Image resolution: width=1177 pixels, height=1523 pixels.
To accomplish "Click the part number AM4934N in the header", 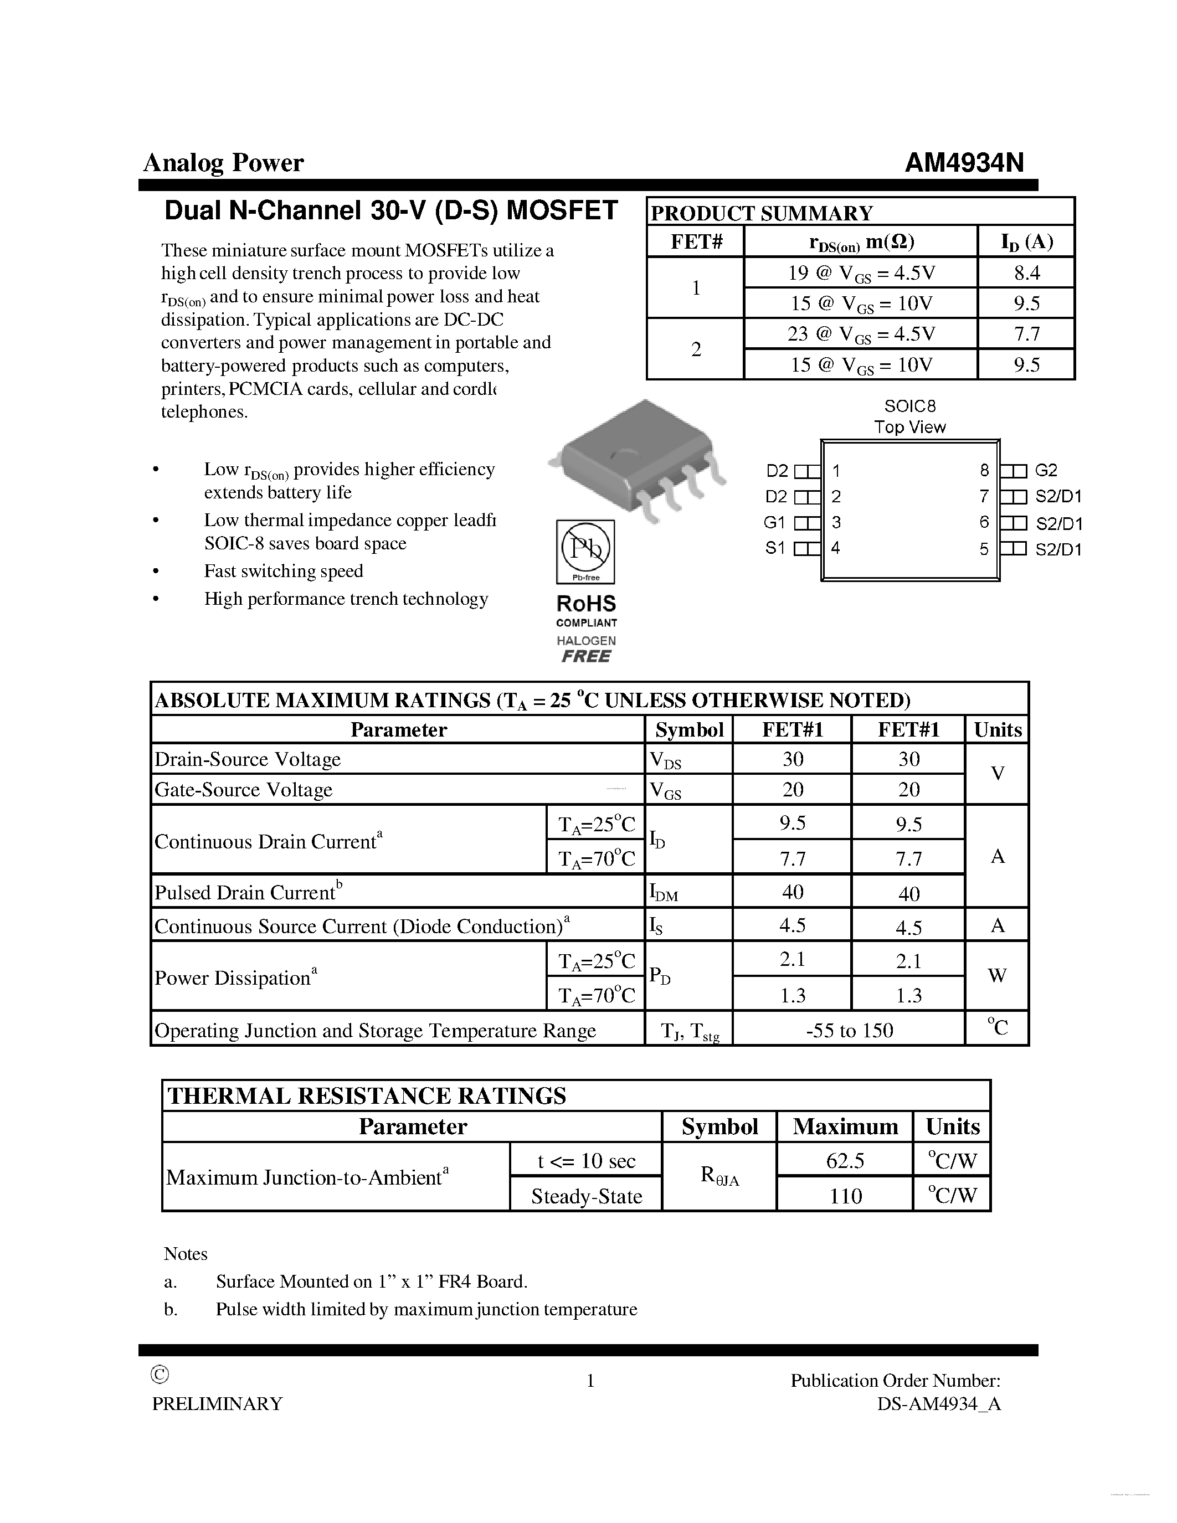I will click(x=964, y=162).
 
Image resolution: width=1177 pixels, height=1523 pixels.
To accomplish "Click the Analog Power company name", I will click(x=223, y=162).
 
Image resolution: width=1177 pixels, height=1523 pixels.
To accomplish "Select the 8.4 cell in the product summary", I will click(x=1026, y=272).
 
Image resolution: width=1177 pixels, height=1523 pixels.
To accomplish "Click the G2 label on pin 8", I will click(x=1046, y=471).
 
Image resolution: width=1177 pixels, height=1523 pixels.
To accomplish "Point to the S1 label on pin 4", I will click(x=775, y=548).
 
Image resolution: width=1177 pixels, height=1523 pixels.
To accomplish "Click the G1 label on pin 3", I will click(x=774, y=522).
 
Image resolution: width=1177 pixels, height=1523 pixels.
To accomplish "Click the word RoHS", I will click(x=585, y=603).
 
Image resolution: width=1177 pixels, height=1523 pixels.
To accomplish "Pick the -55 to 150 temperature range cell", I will click(x=849, y=1030).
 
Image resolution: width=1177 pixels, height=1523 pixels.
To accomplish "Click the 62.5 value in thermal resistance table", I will click(x=845, y=1160).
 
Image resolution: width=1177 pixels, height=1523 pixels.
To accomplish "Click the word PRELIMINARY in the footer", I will click(x=218, y=1404).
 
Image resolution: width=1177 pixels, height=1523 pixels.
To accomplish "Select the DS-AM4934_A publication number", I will click(x=938, y=1404).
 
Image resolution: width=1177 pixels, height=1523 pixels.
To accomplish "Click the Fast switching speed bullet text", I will click(x=283, y=571).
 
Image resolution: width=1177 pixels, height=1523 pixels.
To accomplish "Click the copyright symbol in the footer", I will click(x=160, y=1375).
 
